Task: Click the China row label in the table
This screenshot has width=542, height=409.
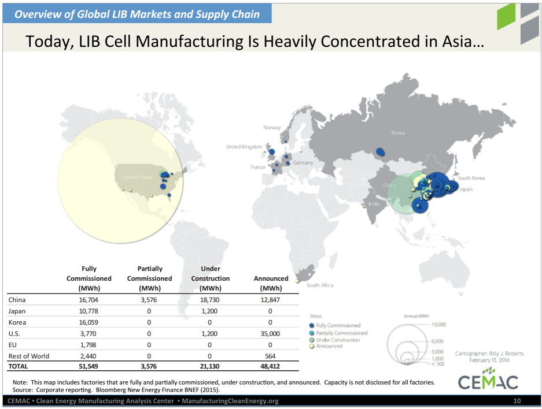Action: (x=17, y=300)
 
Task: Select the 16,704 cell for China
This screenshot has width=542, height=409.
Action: (x=89, y=300)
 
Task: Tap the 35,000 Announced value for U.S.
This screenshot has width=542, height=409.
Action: (x=271, y=333)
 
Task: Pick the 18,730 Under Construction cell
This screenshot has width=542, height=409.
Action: (x=211, y=300)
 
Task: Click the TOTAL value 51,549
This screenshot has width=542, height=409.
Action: (x=89, y=366)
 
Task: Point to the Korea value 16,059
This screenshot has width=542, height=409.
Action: (x=89, y=322)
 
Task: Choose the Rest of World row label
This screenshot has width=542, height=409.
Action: (x=29, y=356)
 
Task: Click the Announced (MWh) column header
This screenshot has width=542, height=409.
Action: (x=271, y=283)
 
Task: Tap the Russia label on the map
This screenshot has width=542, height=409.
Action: (x=397, y=132)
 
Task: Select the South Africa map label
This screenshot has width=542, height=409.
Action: (x=320, y=285)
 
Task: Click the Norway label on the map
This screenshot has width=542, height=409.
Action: (x=271, y=128)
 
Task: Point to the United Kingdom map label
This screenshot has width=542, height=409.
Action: (x=244, y=147)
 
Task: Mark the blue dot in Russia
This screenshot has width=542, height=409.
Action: (x=381, y=152)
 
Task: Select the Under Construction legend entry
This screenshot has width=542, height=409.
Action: (x=338, y=340)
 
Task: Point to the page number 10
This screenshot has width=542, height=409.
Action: (x=517, y=401)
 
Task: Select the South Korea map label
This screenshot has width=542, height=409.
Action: (x=471, y=178)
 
